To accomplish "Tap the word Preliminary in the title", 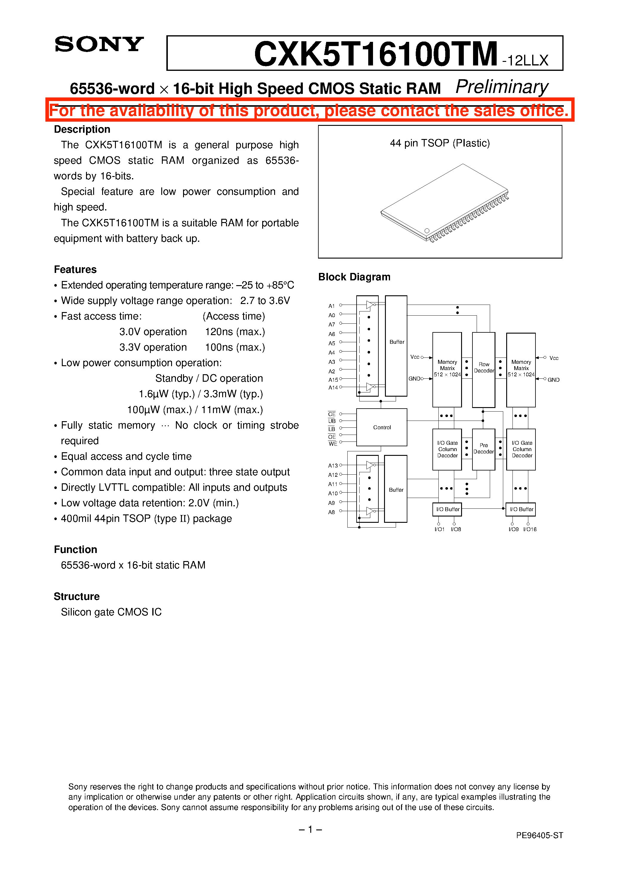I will coord(501,87).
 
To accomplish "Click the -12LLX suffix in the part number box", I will coord(525,60).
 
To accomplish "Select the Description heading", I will coord(82,129).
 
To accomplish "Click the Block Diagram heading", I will coord(354,277).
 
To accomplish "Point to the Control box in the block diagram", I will coord(382,427).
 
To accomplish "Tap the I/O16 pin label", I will coord(529,529).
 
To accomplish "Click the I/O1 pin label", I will coord(439,529).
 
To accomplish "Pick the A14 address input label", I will coord(333,387).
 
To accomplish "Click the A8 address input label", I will coord(332,512).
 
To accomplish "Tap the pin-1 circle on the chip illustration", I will coord(427,231).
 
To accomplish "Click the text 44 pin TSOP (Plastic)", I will coord(440,143).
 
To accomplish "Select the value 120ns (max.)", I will coord(235,331).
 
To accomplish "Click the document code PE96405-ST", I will coord(539,835).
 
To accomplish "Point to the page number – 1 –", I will coord(310,829).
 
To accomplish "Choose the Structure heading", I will coord(76,596).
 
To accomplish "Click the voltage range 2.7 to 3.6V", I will coord(265,301).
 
